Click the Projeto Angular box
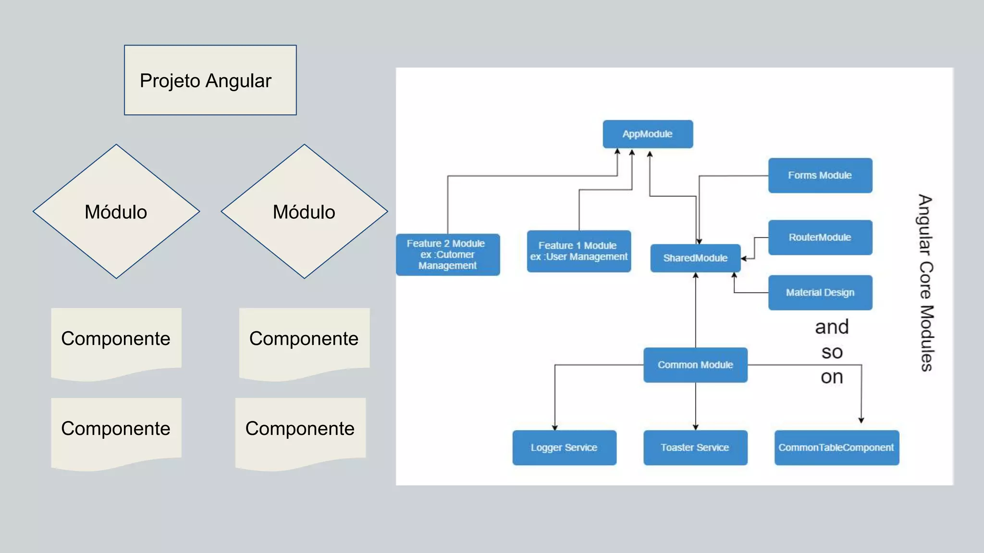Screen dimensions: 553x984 (x=210, y=80)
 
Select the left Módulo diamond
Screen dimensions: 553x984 (x=116, y=211)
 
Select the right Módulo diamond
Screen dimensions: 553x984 (x=304, y=211)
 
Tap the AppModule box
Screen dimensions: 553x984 (x=648, y=134)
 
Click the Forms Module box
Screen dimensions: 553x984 (x=820, y=175)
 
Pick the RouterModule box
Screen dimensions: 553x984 (x=820, y=237)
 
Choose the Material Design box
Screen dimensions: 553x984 (x=820, y=292)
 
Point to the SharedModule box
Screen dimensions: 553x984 (x=695, y=258)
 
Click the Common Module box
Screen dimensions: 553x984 (x=695, y=365)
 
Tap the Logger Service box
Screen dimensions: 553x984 (x=564, y=447)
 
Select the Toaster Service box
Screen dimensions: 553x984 (x=695, y=447)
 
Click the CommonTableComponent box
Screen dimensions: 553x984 (x=836, y=447)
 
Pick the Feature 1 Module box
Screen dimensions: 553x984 (x=578, y=251)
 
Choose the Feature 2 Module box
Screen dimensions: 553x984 (x=447, y=254)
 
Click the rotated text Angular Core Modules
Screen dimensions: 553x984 (x=926, y=283)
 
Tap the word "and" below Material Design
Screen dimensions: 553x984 (x=832, y=327)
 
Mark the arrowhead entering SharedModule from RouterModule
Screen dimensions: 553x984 (x=744, y=259)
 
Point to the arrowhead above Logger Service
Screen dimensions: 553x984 (x=555, y=427)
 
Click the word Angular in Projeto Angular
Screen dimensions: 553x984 (x=238, y=81)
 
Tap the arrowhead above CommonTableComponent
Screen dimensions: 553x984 (x=861, y=420)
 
